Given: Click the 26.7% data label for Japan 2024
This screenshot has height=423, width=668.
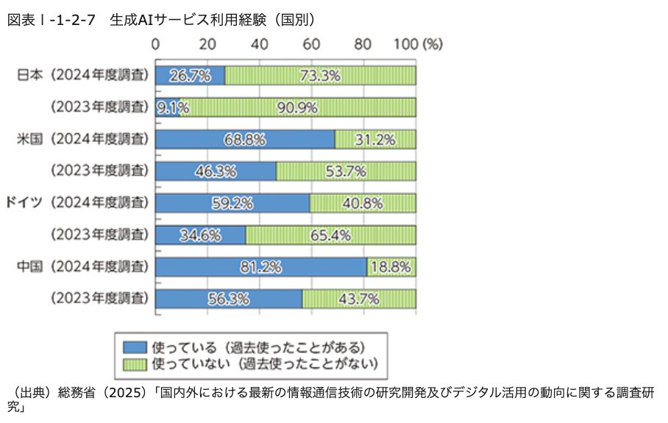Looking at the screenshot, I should tap(190, 75).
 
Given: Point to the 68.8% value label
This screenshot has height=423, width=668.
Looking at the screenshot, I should tap(245, 139).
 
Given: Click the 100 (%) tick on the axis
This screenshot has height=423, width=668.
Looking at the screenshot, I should tap(418, 43).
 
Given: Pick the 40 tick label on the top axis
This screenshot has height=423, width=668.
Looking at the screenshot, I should tap(259, 43).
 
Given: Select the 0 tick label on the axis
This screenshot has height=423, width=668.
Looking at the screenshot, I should tap(155, 43).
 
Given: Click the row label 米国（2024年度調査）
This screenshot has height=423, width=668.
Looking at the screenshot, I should tap(82, 139).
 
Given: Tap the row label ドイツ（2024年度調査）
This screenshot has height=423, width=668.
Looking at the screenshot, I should tap(77, 202).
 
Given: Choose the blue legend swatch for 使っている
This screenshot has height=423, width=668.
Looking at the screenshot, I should tap(135, 346).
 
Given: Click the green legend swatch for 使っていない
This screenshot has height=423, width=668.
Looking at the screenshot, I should tap(135, 363).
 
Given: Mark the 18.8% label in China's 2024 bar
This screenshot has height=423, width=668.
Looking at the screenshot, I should tap(391, 266).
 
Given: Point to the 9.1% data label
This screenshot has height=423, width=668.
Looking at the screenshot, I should tap(172, 107).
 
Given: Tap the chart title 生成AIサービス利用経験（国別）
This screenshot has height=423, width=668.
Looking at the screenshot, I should tap(207, 20).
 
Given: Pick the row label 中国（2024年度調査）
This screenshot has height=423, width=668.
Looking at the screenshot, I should tap(82, 266).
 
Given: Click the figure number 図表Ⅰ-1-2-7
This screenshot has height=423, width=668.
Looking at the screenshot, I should tap(51, 20).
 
